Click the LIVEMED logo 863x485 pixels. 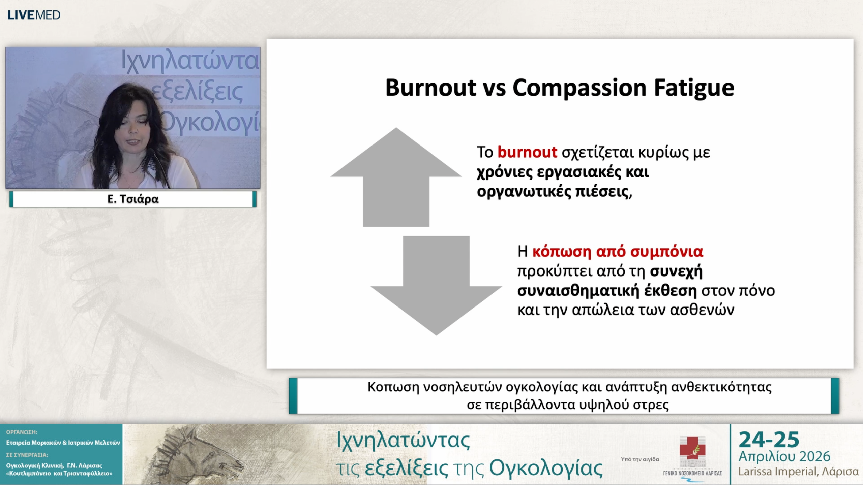point(34,15)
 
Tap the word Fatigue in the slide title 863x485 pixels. point(694,89)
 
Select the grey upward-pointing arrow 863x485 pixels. point(396,177)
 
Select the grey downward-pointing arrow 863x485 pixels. point(436,286)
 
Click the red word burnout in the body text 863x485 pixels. point(527,152)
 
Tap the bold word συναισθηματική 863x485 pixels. point(578,291)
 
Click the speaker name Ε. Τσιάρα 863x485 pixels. point(133,199)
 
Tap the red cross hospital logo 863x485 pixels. point(692,451)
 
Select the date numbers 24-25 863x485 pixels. point(769,440)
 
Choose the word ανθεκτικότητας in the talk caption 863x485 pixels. point(721,387)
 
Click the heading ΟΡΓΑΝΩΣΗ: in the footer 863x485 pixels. point(22,432)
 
